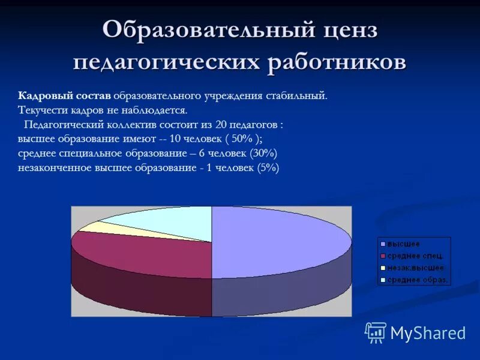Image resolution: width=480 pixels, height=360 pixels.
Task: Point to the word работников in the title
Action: pyautogui.click(x=337, y=63)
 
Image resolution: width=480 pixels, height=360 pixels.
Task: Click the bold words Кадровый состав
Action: pyautogui.click(x=64, y=96)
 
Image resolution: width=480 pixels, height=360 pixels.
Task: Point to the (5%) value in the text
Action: pyautogui.click(x=268, y=168)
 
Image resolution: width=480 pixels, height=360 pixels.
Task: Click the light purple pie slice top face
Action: pyautogui.click(x=276, y=240)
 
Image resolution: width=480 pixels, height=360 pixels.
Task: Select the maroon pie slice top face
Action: pyautogui.click(x=144, y=252)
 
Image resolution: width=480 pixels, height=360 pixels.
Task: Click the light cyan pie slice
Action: pyautogui.click(x=168, y=219)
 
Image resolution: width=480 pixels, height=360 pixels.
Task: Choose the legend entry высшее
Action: pyautogui.click(x=403, y=244)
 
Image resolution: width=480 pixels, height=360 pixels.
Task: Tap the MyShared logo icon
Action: pyautogui.click(x=376, y=332)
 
